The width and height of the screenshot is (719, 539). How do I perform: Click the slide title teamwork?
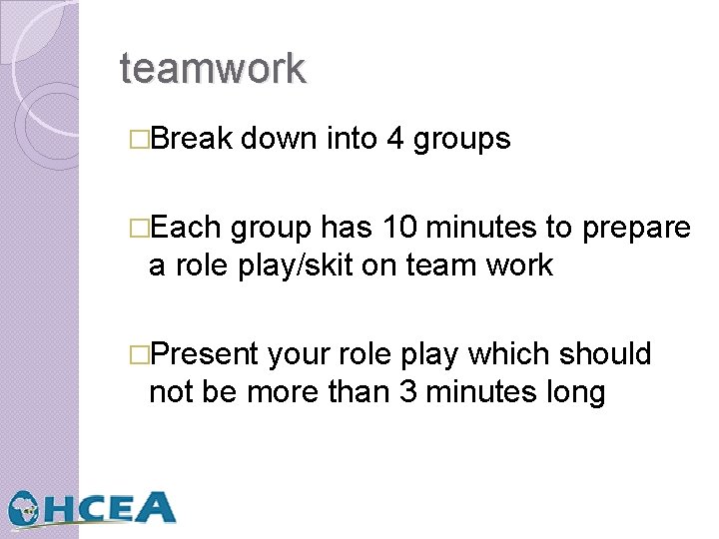[x=213, y=69]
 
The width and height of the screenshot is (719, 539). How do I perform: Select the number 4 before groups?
[x=394, y=139]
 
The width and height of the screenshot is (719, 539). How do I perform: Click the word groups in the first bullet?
[x=461, y=140]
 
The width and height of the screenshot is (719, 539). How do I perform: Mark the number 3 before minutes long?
[x=407, y=391]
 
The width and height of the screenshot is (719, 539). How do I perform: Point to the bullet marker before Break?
[x=140, y=140]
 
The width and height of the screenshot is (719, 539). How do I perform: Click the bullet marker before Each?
[x=140, y=230]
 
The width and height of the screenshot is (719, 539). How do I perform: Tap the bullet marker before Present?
[x=140, y=355]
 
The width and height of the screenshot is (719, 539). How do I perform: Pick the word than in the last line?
[x=362, y=391]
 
